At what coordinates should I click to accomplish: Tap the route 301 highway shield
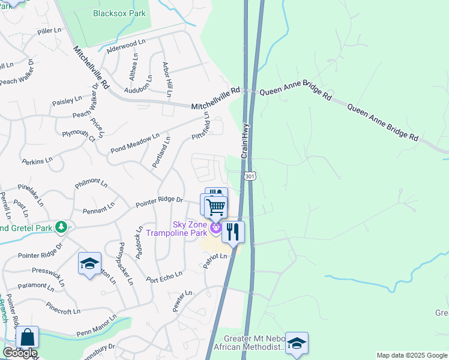(x=250, y=175)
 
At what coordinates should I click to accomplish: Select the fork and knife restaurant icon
(x=233, y=231)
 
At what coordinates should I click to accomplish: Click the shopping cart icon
(x=215, y=208)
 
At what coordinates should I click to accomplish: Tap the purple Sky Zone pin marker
(x=215, y=228)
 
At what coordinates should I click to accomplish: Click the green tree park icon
(x=61, y=227)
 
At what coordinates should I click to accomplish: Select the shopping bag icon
(x=27, y=338)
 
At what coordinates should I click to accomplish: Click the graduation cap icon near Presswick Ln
(x=89, y=263)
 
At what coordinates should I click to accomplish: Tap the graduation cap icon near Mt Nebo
(x=297, y=343)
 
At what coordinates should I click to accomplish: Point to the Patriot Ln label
(x=215, y=260)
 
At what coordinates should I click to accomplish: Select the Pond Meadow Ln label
(x=135, y=143)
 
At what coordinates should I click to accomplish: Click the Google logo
(x=19, y=353)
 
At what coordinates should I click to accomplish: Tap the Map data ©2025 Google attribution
(x=412, y=355)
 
